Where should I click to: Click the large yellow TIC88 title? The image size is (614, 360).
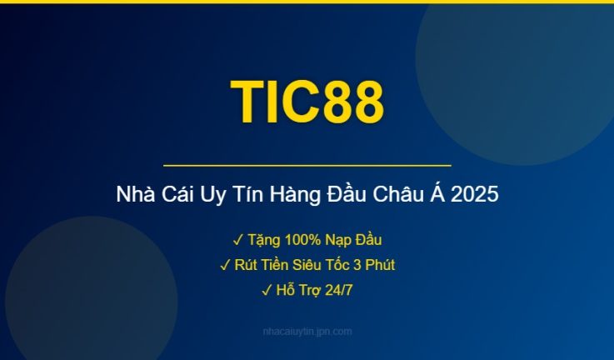(307, 102)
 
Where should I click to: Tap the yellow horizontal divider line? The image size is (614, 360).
(307, 166)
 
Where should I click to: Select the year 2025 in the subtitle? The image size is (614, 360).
(477, 197)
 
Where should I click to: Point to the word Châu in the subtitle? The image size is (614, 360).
(397, 197)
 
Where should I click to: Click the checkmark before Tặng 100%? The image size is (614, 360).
(237, 240)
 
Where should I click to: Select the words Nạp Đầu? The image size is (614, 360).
(353, 240)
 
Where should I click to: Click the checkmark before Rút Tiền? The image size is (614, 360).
(225, 265)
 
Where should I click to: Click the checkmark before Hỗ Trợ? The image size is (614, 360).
(266, 290)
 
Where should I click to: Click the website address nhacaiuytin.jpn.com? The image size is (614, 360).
(307, 332)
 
